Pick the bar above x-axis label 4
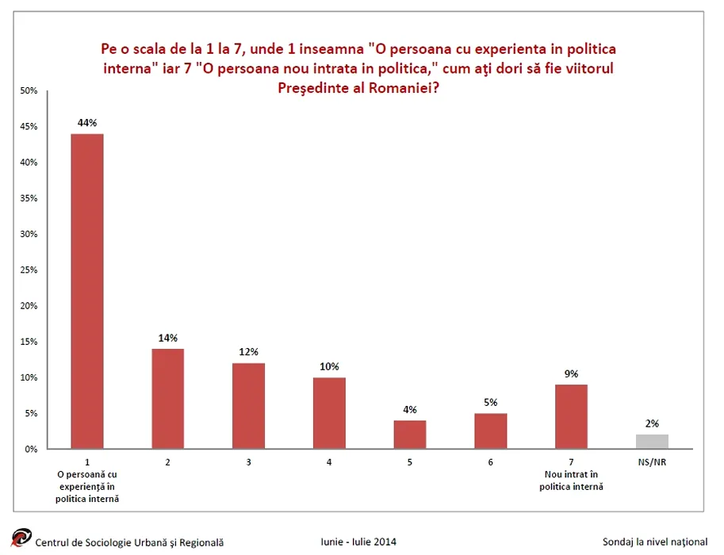[x=329, y=413]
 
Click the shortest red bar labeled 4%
[x=410, y=434]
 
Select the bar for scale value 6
[x=491, y=431]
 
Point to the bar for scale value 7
[x=571, y=416]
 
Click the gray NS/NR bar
[x=652, y=442]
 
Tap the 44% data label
[x=87, y=123]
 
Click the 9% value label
[x=572, y=373]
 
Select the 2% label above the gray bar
[x=652, y=423]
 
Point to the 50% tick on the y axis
[x=29, y=91]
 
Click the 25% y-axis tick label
[x=29, y=270]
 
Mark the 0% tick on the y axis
[x=32, y=450]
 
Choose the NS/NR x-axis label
[x=652, y=461]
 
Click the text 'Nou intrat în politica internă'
[x=571, y=480]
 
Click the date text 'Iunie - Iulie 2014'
[x=358, y=542]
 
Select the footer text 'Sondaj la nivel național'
[x=654, y=542]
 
